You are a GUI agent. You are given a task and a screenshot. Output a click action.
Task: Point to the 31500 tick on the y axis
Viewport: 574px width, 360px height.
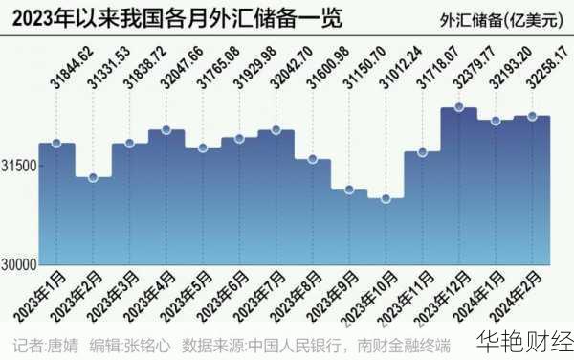pos(19,166)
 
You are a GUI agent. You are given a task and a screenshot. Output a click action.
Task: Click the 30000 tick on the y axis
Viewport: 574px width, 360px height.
pos(19,264)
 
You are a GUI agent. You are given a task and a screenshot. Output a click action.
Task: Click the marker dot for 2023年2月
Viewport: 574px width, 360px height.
pos(93,177)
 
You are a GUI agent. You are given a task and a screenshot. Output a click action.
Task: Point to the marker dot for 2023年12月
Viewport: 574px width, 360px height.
pos(458,107)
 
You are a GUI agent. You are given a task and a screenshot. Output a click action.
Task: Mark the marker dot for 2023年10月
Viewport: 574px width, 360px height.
pos(386,198)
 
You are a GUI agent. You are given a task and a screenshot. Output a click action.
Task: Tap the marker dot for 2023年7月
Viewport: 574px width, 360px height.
pos(276,130)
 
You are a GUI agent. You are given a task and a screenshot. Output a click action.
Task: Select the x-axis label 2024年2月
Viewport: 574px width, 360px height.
pos(523,298)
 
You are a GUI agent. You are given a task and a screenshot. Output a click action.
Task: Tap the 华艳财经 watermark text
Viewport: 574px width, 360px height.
pos(523,342)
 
